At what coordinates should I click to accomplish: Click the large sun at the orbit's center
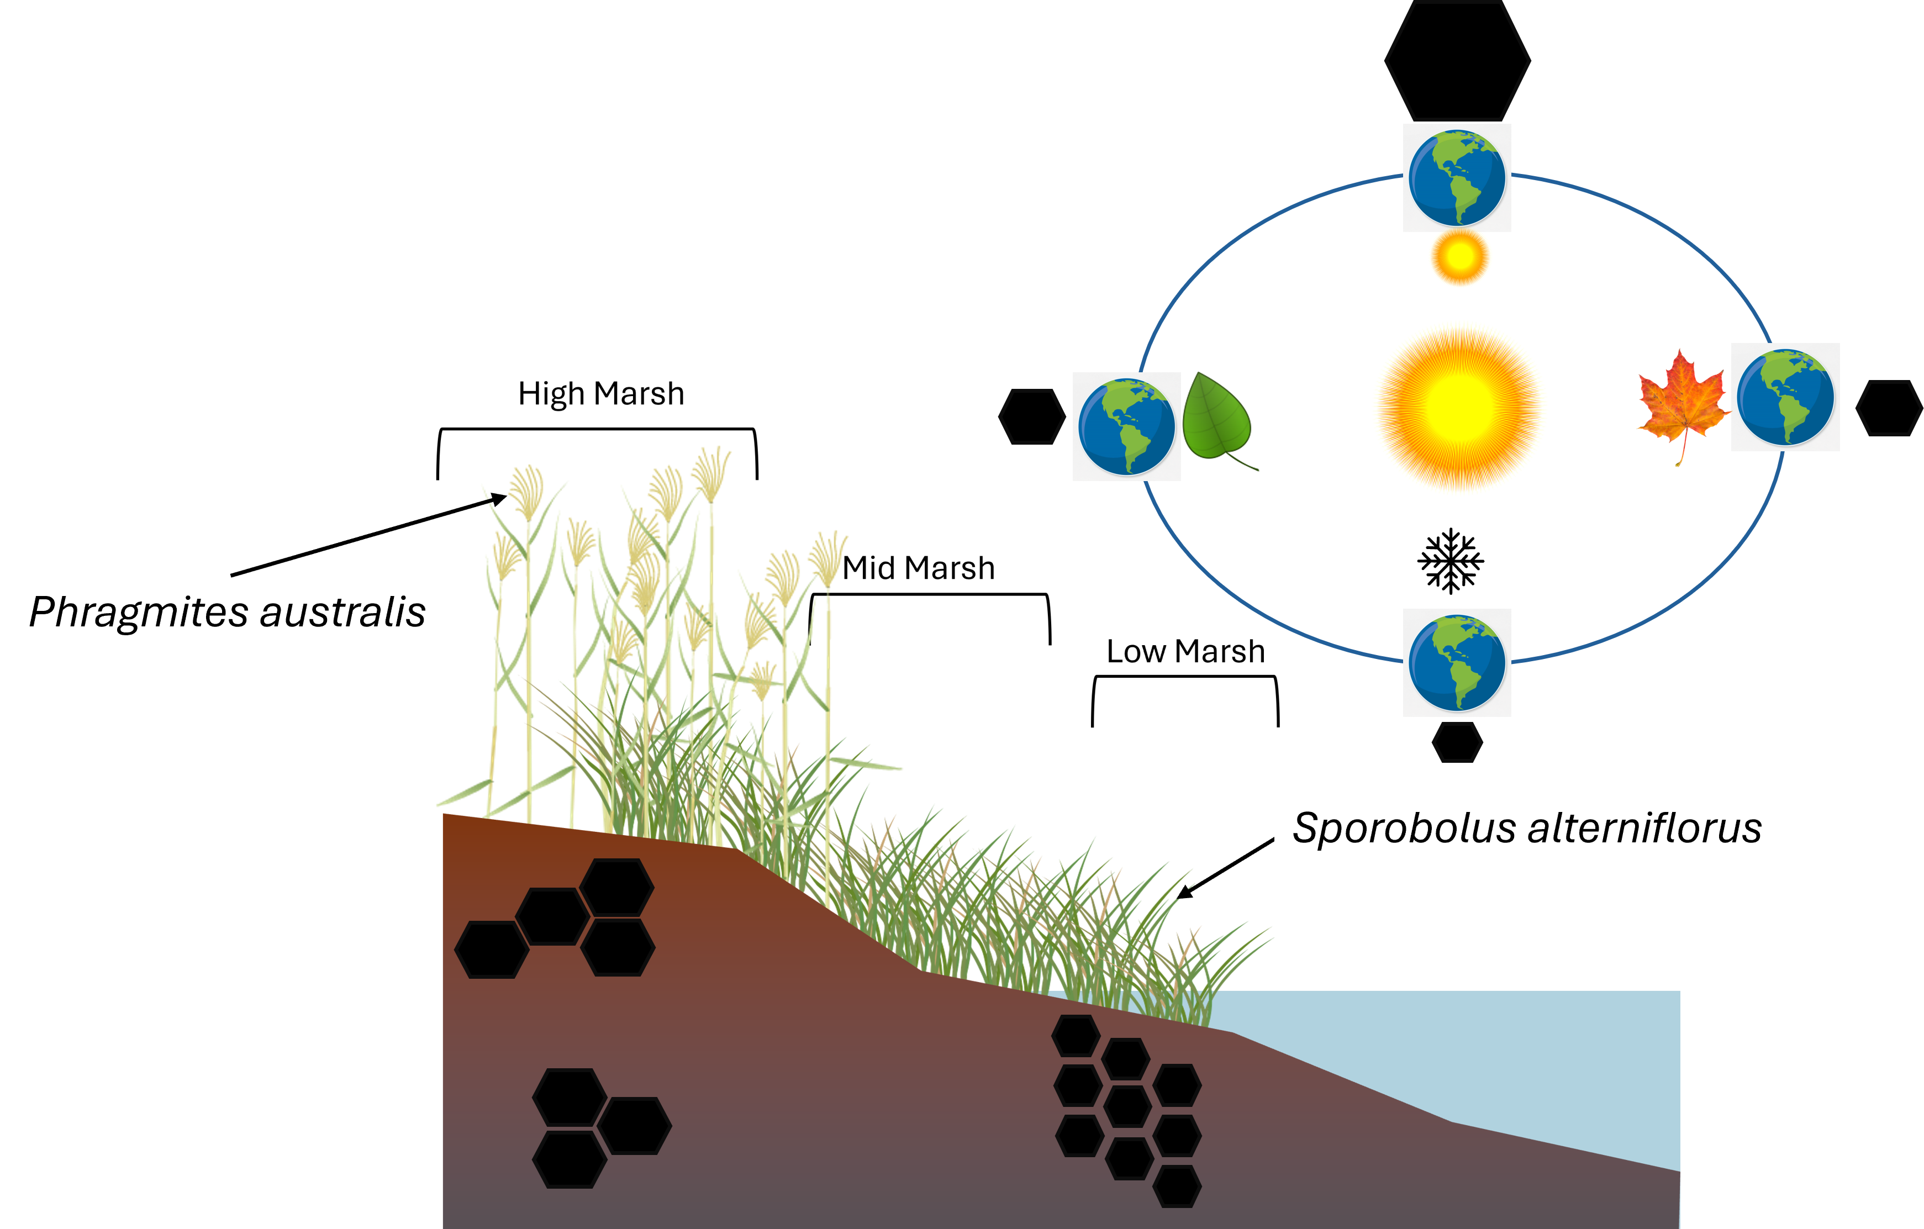point(1460,408)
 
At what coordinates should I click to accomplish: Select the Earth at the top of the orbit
point(1457,177)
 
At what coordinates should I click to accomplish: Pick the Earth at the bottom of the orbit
point(1457,662)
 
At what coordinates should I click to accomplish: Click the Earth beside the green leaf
point(1126,427)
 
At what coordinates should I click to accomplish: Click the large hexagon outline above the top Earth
point(1457,61)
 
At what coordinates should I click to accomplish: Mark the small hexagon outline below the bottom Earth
point(1457,742)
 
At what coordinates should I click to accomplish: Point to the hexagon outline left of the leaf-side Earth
point(1031,416)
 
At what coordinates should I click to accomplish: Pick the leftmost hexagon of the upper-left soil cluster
point(492,950)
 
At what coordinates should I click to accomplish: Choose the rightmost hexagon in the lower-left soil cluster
point(634,1125)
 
